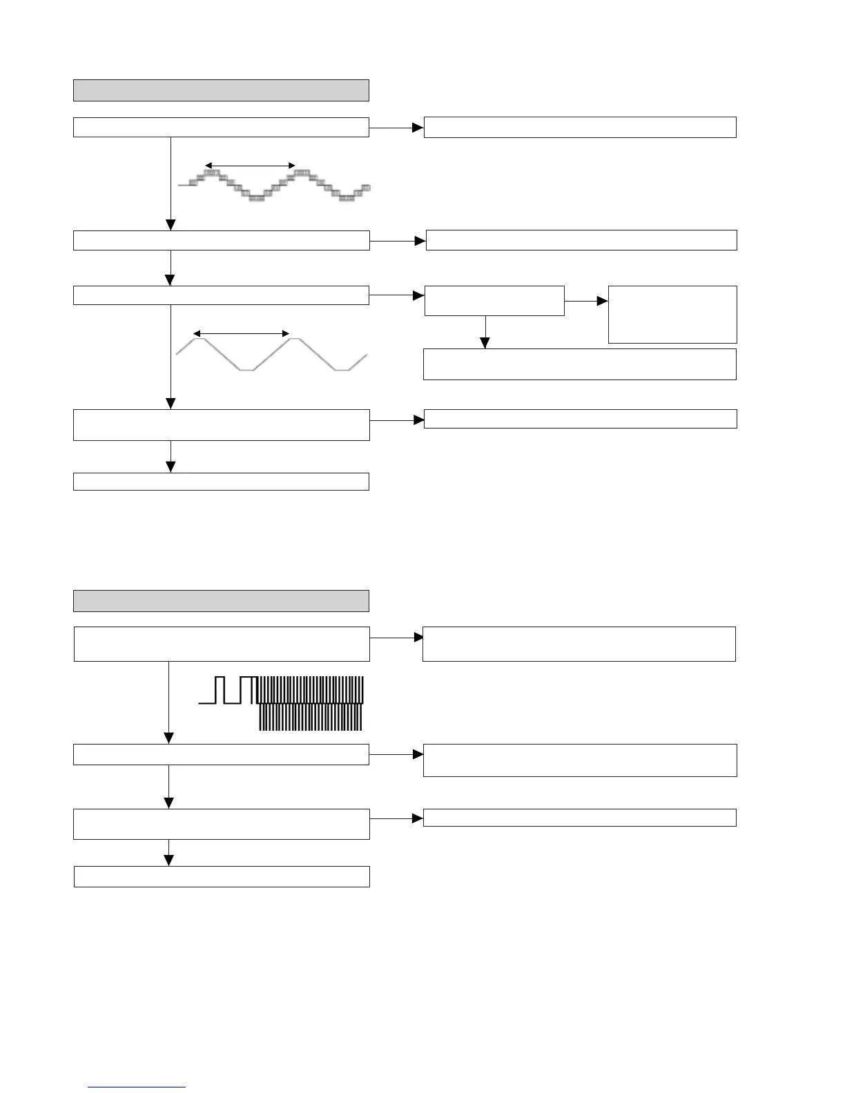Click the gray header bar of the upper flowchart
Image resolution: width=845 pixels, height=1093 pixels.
click(221, 90)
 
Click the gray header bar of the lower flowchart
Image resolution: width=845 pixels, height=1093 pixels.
click(221, 600)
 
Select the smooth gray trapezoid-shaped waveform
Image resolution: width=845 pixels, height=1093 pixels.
click(271, 354)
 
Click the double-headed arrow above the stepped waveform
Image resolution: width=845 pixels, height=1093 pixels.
click(251, 166)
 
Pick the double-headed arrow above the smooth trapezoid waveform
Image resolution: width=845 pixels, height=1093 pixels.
click(241, 334)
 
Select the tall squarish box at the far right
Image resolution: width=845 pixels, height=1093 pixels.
click(672, 315)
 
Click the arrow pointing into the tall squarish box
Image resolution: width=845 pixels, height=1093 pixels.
click(587, 302)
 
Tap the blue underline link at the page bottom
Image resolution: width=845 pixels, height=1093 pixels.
click(137, 1087)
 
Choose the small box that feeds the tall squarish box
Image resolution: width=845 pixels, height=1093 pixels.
click(494, 301)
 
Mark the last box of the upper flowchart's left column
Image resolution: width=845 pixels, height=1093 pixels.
click(221, 482)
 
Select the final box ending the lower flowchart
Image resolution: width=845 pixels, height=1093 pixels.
click(222, 876)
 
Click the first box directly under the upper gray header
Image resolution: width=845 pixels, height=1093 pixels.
click(221, 128)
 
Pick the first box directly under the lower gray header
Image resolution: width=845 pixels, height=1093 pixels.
click(222, 644)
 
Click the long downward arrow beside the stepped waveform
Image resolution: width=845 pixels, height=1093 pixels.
click(170, 184)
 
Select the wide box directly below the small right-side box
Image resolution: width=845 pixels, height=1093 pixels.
click(579, 364)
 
